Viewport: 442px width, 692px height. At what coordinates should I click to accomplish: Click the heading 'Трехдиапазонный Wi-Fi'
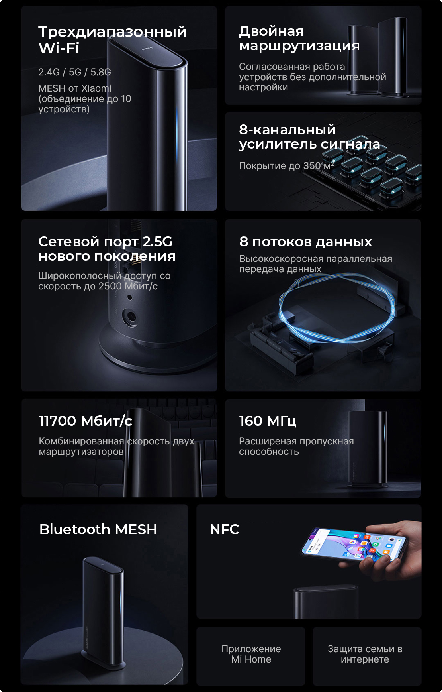(x=112, y=39)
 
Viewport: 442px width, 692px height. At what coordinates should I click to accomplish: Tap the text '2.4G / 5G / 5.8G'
(x=74, y=72)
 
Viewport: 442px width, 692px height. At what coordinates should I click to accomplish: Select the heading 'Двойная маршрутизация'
(x=299, y=38)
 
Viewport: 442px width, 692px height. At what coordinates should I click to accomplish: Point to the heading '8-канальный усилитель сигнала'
(x=309, y=137)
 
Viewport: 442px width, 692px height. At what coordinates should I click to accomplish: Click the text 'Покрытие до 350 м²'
(x=287, y=165)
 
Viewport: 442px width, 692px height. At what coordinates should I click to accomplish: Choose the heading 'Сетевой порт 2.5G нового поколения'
(x=107, y=248)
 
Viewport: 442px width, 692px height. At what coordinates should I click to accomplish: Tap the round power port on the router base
(x=130, y=317)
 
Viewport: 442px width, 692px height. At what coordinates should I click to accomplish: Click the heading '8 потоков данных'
(x=305, y=242)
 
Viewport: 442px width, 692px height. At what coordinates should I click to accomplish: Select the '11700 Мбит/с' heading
(x=85, y=421)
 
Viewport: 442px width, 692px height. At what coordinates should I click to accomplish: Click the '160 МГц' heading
(x=268, y=421)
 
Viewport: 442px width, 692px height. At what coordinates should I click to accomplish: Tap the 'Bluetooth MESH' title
(x=98, y=529)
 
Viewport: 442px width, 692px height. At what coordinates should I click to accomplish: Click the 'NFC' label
(x=224, y=529)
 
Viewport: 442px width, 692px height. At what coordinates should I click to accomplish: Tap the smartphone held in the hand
(x=353, y=544)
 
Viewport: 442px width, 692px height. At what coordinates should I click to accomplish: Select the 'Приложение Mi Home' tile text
(x=251, y=654)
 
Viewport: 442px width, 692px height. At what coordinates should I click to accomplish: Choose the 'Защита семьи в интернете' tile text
(x=365, y=654)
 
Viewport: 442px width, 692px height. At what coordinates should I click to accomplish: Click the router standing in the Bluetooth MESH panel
(x=104, y=612)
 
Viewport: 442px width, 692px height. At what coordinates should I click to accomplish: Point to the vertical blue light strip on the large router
(x=177, y=136)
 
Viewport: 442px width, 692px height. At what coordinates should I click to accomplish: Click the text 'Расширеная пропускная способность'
(x=296, y=446)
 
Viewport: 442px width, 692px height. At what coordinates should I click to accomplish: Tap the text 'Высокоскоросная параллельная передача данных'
(x=316, y=264)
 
